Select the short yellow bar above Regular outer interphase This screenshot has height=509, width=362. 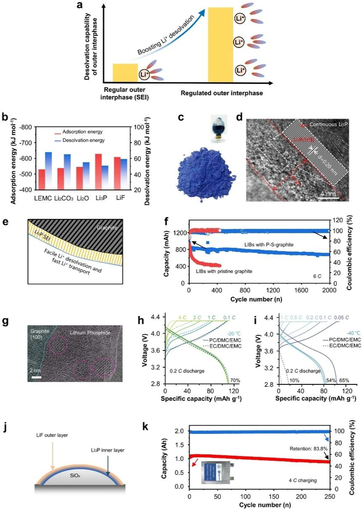[x=125, y=72]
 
